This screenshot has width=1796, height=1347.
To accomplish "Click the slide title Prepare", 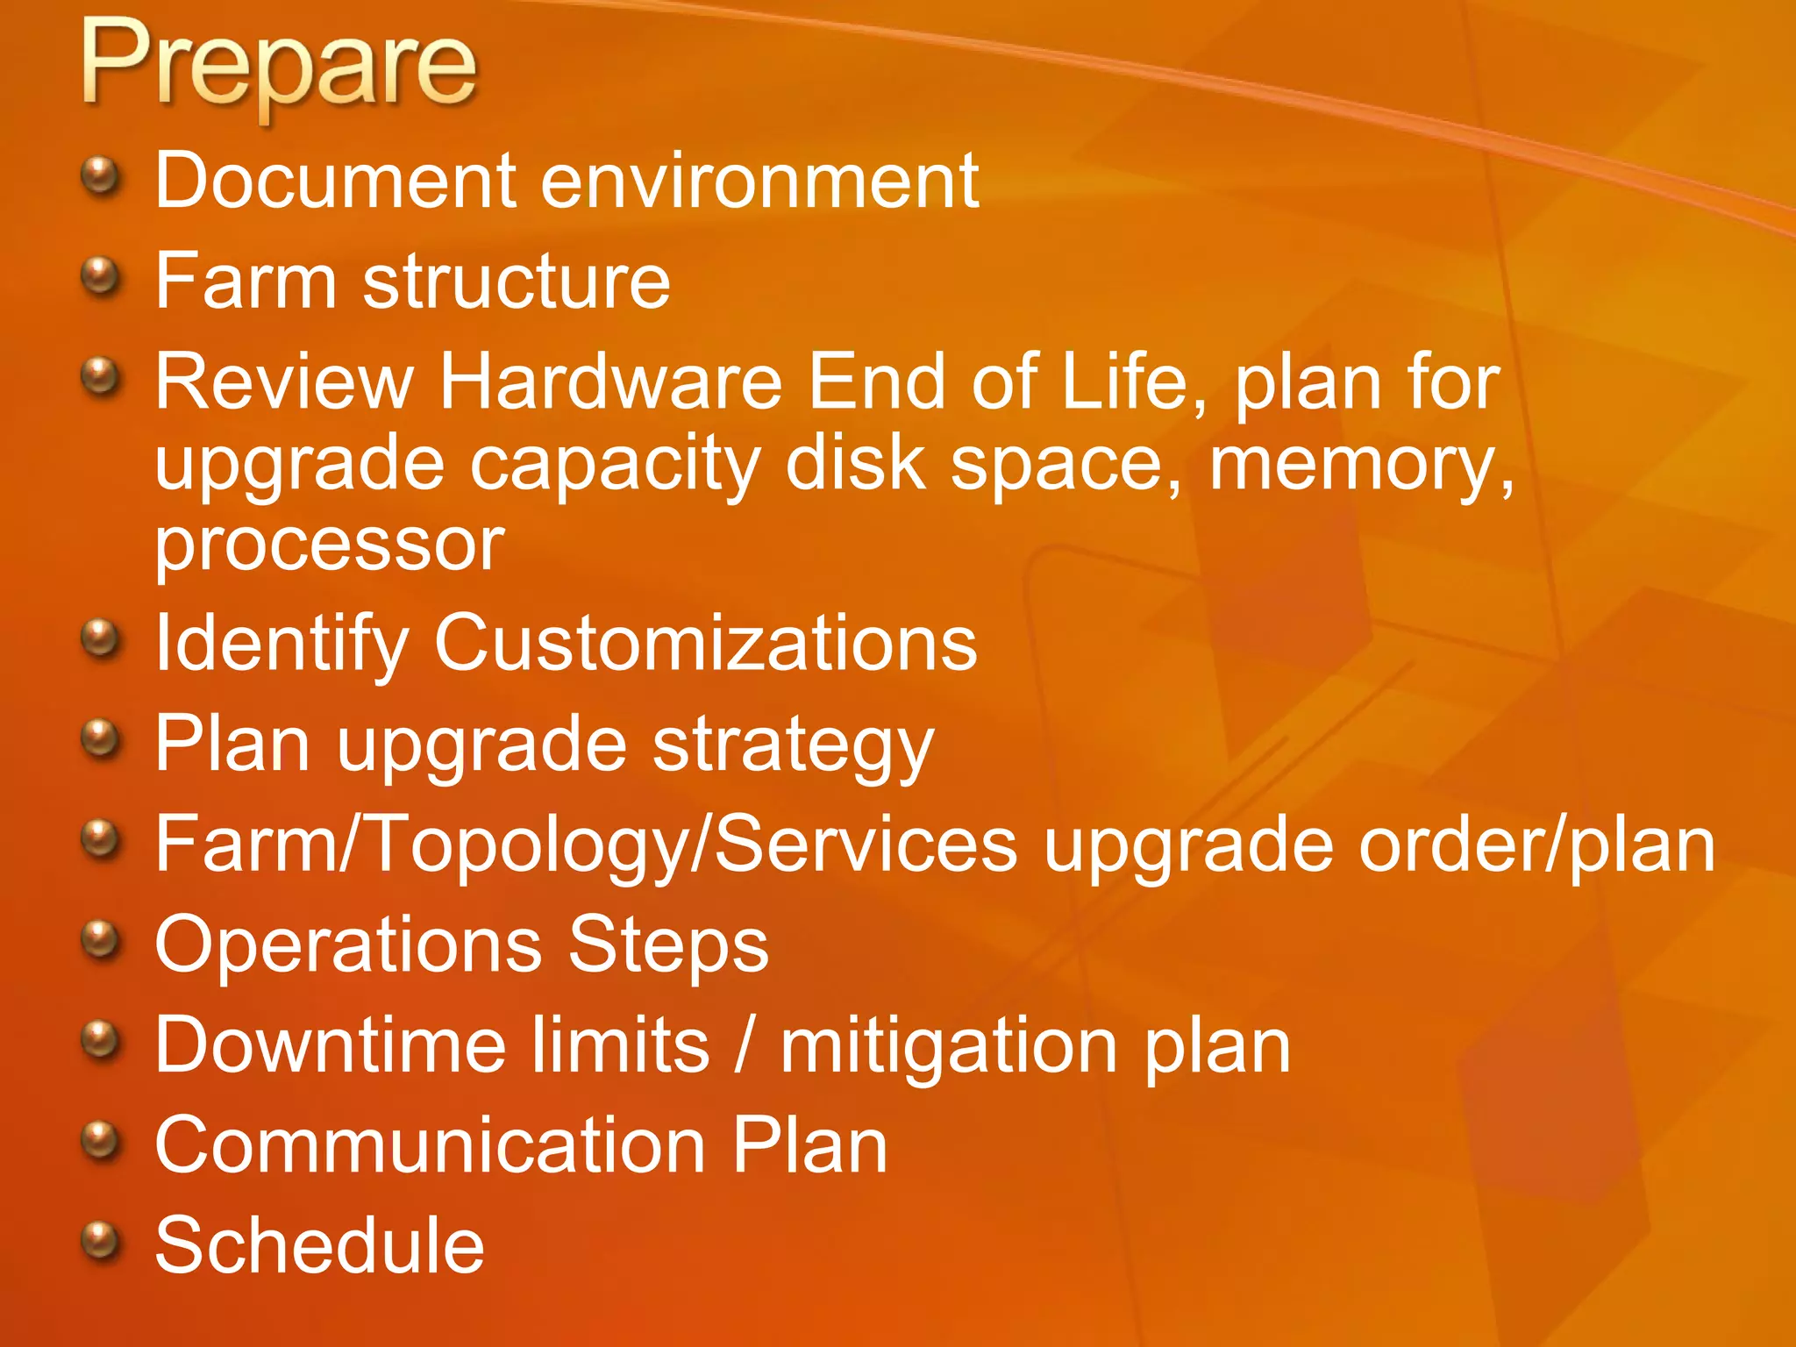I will [279, 66].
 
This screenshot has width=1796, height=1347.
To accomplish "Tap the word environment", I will [759, 181].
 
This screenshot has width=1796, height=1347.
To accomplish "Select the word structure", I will [517, 282].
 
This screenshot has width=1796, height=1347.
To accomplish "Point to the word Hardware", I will [610, 382].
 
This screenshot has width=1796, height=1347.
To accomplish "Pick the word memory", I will [1360, 465].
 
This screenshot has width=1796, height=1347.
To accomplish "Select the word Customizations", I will [705, 644].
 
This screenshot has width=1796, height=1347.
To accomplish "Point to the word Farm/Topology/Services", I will [586, 845].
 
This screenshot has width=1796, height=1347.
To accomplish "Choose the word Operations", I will [348, 945].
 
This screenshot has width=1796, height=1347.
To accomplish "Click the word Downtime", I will [331, 1045].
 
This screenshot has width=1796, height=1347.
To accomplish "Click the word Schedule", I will [319, 1246].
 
